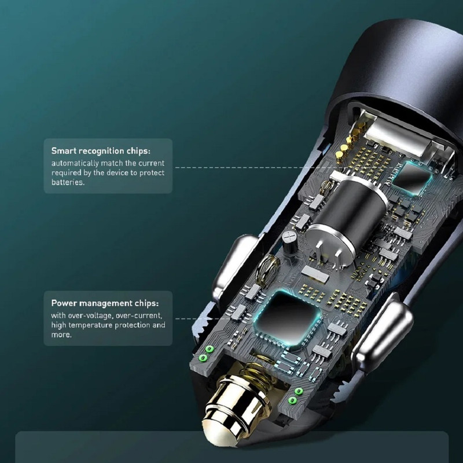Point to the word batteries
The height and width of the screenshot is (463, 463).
(67, 182)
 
